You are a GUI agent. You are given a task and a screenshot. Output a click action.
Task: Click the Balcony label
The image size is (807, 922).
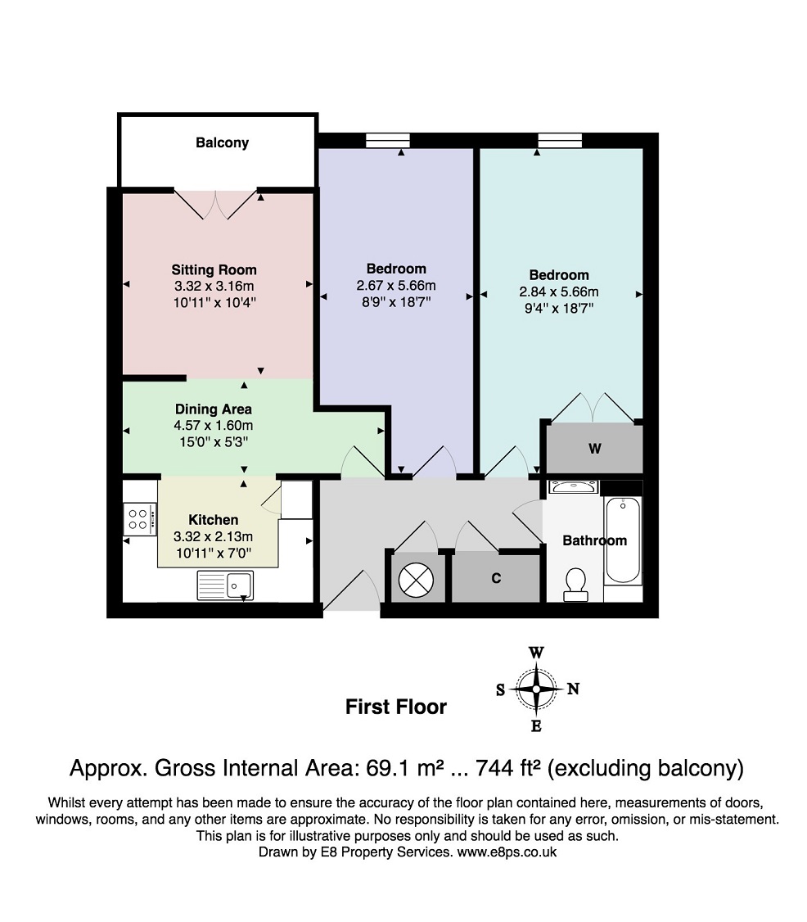(222, 143)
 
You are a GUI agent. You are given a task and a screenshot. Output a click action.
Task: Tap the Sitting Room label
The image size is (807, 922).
(214, 270)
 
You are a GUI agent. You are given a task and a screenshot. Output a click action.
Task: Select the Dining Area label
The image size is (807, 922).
(214, 409)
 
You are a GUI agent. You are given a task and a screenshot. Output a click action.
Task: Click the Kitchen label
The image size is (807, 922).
(214, 520)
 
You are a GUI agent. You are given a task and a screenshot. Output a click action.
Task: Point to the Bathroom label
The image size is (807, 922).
(595, 540)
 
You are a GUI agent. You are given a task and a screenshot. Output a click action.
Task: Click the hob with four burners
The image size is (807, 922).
(140, 519)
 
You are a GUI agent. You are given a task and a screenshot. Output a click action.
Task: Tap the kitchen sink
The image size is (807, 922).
(225, 585)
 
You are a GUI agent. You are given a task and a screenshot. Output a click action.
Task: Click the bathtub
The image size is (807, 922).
(623, 540)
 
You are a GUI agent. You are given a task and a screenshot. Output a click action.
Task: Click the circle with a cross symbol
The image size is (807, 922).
(416, 581)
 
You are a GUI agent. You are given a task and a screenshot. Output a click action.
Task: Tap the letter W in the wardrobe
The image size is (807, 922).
(595, 449)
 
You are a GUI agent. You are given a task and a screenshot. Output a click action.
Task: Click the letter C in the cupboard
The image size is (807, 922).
(496, 578)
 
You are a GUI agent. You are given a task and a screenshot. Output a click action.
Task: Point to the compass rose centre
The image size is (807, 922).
(536, 689)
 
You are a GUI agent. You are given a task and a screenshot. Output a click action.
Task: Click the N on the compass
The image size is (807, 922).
(573, 689)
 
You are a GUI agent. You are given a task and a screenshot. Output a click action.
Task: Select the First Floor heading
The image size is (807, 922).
(396, 707)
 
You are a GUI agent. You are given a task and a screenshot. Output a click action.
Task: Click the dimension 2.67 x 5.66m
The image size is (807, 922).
(396, 286)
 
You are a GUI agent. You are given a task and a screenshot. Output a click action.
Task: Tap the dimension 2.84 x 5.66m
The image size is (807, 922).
(559, 292)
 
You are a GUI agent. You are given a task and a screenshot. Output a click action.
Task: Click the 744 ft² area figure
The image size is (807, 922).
(508, 768)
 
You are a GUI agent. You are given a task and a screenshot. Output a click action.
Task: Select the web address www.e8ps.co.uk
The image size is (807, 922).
(507, 852)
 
